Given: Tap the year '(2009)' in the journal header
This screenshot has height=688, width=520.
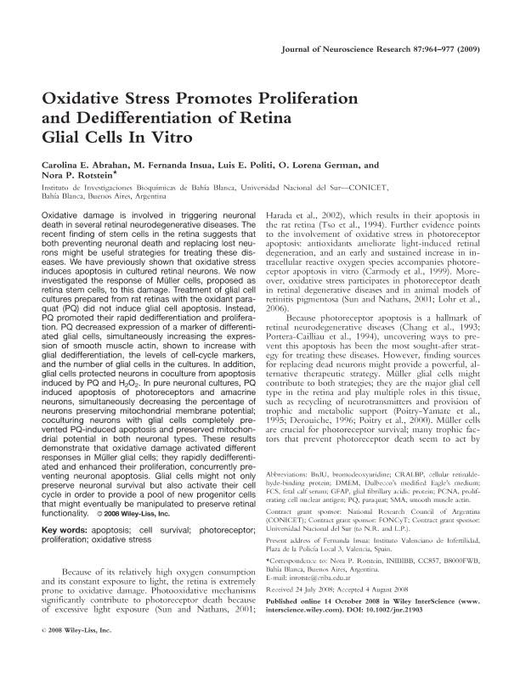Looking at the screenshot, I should click(x=474, y=50).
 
